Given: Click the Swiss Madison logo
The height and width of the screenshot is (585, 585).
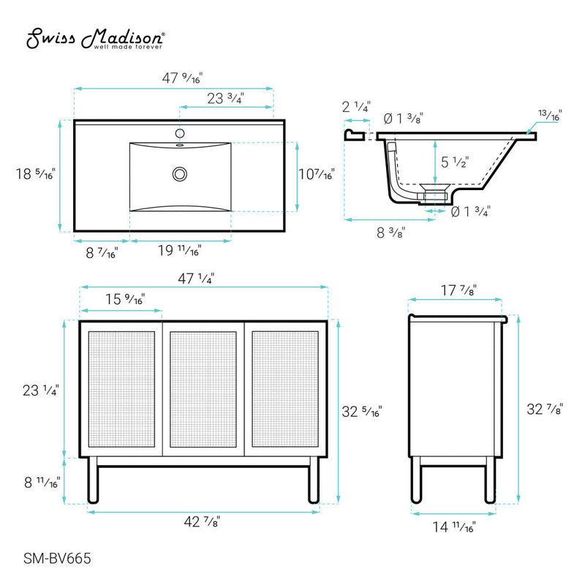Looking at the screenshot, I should tap(95, 40).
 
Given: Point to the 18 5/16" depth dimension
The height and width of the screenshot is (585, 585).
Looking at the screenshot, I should tap(35, 174).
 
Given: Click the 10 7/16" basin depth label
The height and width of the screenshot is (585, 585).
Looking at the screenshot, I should tap(317, 174).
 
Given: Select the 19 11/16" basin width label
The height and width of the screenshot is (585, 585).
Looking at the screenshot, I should tap(179, 251).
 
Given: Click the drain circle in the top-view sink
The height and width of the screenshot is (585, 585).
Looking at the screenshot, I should tap(179, 174).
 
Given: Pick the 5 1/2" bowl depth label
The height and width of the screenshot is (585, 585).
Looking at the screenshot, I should tap(455, 162).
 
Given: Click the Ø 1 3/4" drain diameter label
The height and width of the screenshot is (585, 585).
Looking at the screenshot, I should tap(470, 212).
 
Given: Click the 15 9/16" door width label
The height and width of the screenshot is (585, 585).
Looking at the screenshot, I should tap(122, 299).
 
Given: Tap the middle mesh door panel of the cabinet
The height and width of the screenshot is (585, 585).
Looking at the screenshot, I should tap(203, 390).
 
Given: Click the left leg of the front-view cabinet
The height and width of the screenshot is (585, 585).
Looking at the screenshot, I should tap(93, 480).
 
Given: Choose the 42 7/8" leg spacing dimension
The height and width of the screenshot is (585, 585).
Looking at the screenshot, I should tap(202, 521).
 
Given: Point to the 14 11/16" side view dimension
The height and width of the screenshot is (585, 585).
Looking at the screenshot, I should tap(454, 526).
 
